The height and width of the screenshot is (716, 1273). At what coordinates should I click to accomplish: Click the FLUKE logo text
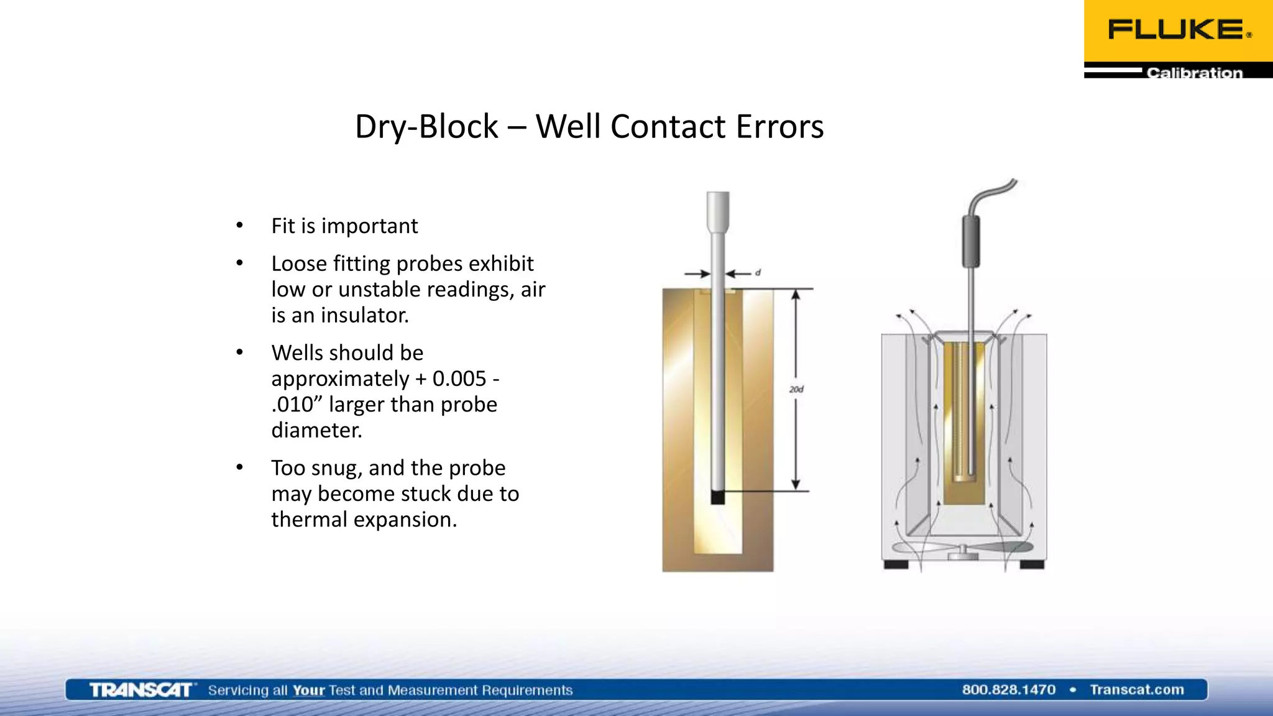point(1177,30)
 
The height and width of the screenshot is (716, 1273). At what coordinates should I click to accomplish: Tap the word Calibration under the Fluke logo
point(1194,73)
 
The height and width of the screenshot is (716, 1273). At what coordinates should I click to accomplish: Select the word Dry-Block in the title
point(426,127)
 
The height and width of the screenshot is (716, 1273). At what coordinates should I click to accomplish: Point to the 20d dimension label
point(796,390)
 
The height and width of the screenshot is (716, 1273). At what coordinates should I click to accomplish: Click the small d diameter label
point(758,273)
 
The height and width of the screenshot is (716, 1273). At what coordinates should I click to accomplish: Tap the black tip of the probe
point(717,497)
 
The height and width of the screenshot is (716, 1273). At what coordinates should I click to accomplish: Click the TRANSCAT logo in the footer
point(141,690)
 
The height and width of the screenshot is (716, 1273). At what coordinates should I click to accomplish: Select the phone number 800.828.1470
point(1008,690)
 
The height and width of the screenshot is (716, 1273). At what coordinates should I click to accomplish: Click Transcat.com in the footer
point(1136,690)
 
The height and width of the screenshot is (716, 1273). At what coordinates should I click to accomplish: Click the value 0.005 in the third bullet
point(459,379)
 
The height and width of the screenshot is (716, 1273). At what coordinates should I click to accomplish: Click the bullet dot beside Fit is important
point(239,226)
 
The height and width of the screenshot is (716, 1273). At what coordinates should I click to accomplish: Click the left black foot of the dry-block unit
point(896,564)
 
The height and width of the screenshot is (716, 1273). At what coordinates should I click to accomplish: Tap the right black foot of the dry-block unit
point(1032,564)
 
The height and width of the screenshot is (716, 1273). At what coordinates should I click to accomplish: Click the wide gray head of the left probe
point(718,210)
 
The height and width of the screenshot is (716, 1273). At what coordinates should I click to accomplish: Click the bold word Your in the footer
point(309,690)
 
